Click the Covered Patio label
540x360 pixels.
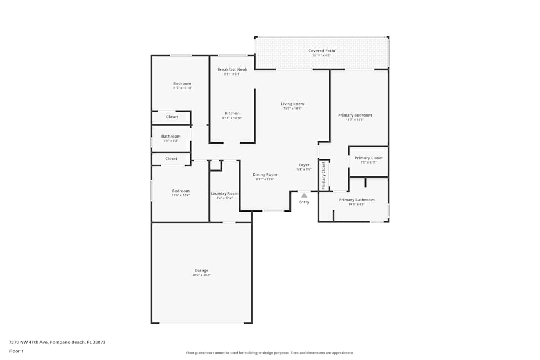point(321,51)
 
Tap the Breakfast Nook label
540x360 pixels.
point(232,70)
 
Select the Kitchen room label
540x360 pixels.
point(232,113)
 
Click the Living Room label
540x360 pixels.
point(292,104)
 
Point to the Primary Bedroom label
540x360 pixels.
point(355,116)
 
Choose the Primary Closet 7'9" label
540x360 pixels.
point(368,158)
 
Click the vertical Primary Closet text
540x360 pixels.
point(324,175)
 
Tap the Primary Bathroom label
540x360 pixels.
point(356,200)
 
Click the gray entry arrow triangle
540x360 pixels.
point(304,195)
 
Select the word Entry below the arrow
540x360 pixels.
point(304,202)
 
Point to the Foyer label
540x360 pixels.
point(304,165)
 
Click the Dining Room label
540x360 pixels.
point(265,175)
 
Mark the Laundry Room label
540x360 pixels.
point(224,194)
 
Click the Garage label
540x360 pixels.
point(201,271)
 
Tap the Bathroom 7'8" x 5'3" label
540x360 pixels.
point(171,137)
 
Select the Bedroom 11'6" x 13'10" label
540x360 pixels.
point(182,84)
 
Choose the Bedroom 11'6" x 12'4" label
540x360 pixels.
point(181,191)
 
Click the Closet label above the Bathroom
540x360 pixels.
point(172,117)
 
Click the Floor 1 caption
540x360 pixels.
point(16,351)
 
